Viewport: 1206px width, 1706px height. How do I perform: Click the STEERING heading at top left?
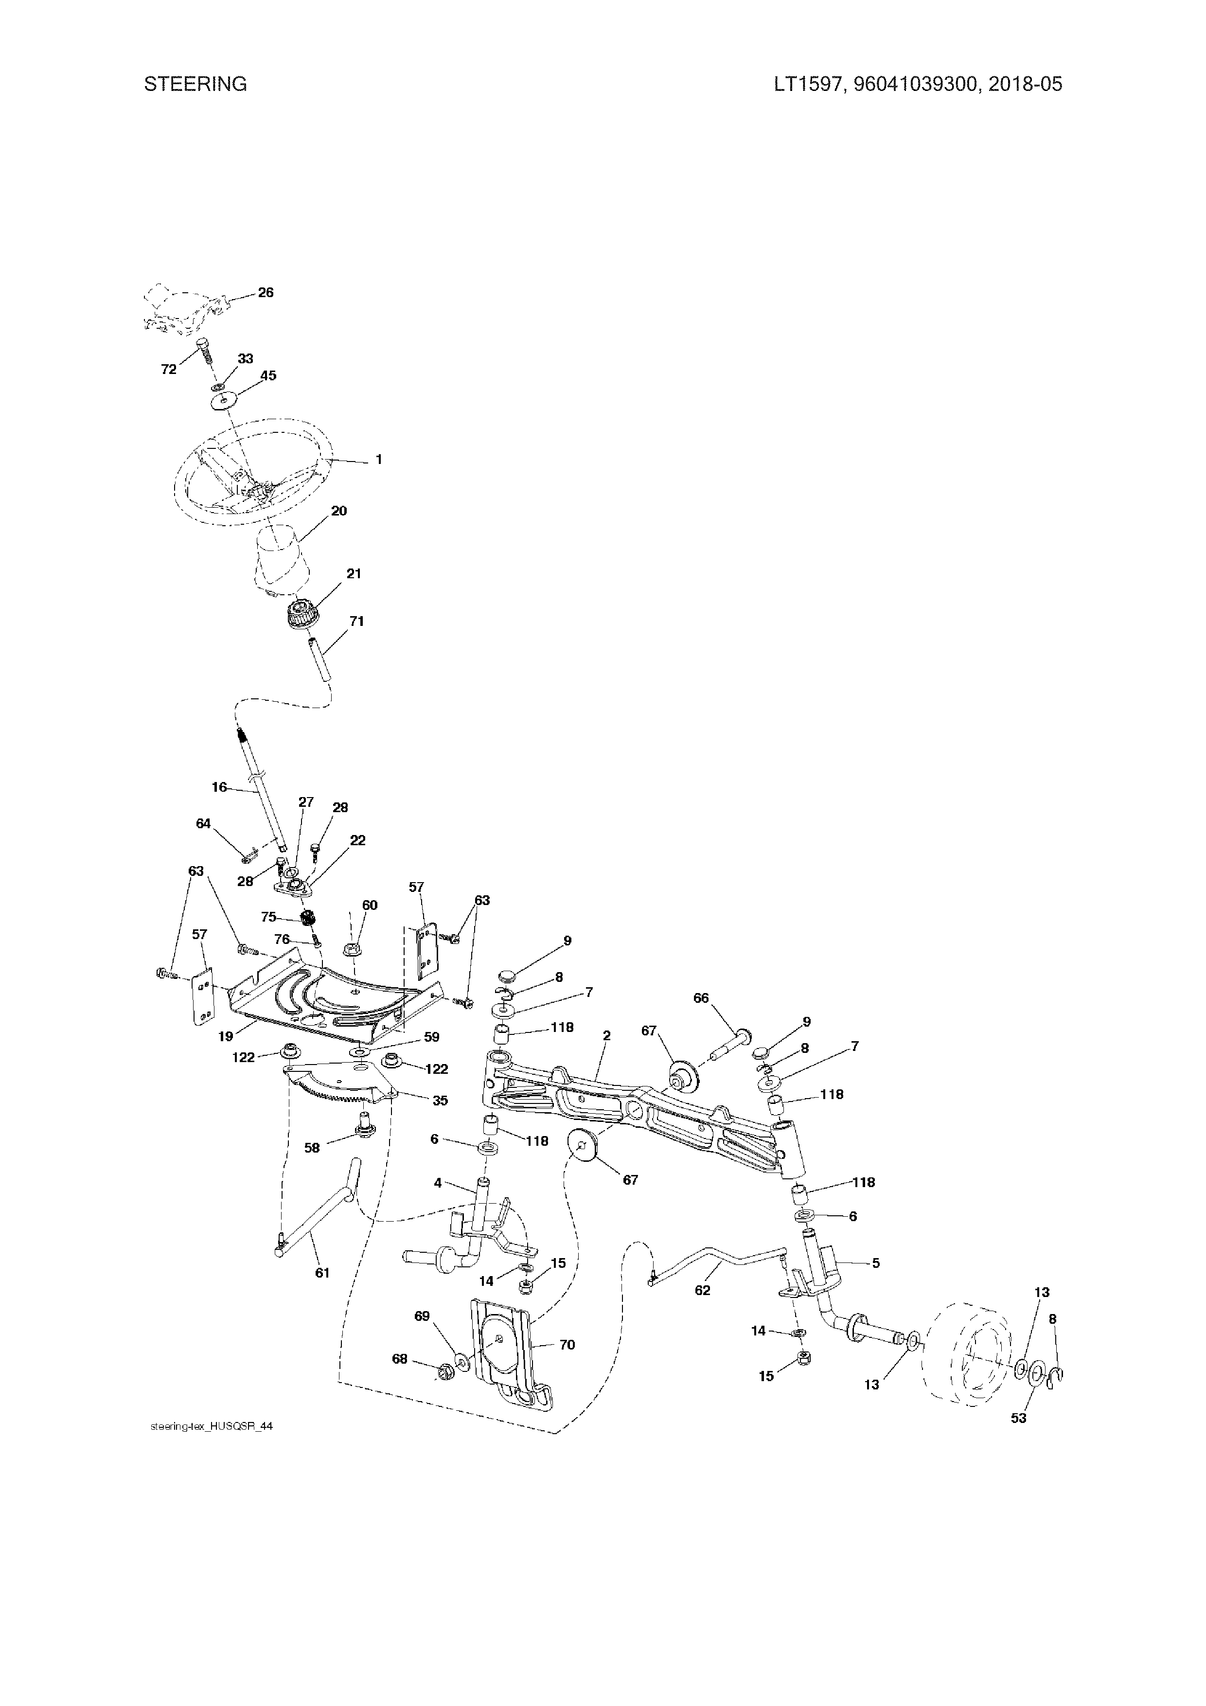click(195, 84)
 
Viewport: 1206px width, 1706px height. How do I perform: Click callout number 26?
click(266, 293)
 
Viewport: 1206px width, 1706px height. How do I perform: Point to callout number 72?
click(169, 369)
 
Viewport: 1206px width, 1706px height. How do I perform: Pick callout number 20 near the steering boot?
click(339, 511)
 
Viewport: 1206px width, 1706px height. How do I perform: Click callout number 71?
click(356, 621)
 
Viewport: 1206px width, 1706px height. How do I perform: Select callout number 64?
click(203, 823)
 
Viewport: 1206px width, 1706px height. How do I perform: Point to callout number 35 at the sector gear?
click(440, 1101)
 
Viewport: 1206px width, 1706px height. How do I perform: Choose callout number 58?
click(312, 1148)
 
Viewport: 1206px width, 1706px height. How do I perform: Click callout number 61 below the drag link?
click(322, 1273)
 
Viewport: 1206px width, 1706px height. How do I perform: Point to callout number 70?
click(567, 1345)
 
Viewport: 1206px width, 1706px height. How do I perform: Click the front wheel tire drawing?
click(965, 1354)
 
